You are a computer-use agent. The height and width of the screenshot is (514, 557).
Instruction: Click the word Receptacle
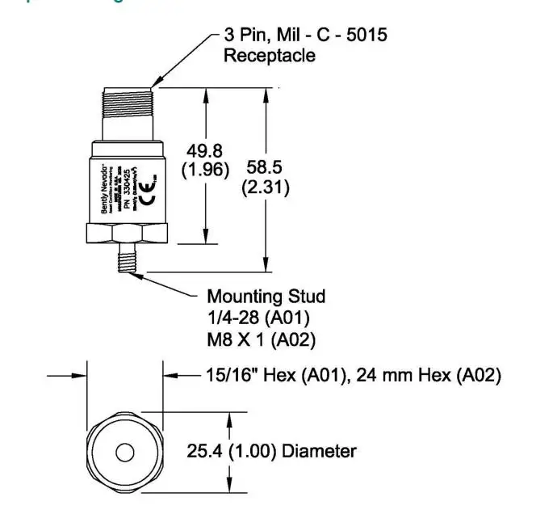coord(269,56)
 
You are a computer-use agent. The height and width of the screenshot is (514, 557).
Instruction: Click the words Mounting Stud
coord(266,297)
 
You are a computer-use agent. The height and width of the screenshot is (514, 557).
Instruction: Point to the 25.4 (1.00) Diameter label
coord(271,451)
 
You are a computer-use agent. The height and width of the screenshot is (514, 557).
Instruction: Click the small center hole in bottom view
coord(124,453)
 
